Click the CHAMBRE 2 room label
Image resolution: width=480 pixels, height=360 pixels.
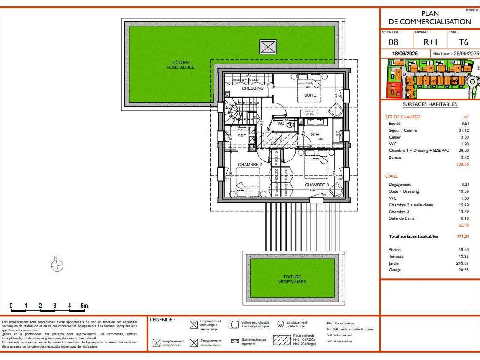[x=250, y=164]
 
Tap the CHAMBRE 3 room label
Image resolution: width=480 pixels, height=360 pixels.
[x=317, y=185]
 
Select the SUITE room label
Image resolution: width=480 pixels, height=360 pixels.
[x=310, y=95]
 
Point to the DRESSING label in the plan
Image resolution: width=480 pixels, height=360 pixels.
[x=253, y=88]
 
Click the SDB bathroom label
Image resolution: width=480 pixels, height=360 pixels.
[x=315, y=135]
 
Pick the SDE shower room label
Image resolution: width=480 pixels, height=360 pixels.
[x=242, y=136]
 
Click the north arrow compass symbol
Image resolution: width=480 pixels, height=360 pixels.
[x=57, y=266]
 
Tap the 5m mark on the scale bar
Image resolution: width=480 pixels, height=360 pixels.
[x=84, y=306]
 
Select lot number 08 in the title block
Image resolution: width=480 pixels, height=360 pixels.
[x=393, y=42]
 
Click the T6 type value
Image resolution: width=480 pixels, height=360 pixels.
[x=463, y=42]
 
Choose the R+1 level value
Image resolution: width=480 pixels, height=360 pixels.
[x=430, y=42]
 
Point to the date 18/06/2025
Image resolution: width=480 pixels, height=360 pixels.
[x=405, y=54]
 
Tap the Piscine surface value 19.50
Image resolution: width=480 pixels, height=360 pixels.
[x=463, y=250]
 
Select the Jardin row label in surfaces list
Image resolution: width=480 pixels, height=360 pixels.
[x=394, y=263]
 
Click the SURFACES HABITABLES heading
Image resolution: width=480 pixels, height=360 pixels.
[x=424, y=104]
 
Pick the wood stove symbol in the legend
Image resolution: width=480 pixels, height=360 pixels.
[x=281, y=324]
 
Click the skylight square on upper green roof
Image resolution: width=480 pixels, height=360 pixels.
[x=268, y=46]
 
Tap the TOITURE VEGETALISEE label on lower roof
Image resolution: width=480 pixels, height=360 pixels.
[x=292, y=279]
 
